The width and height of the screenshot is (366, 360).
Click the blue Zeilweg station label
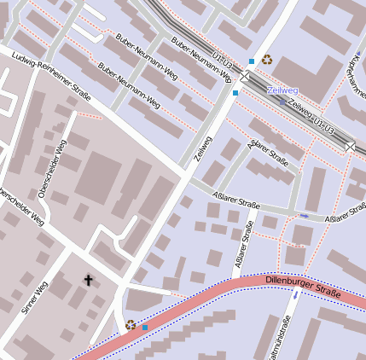pos(282,90)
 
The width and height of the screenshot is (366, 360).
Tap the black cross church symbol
pos(87,280)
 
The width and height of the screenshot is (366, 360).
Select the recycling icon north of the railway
pos(267,60)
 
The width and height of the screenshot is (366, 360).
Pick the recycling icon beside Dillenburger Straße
pos(131,324)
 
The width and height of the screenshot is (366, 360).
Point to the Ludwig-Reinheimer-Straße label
pos(51,77)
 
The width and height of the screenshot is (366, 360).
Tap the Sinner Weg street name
pos(35,297)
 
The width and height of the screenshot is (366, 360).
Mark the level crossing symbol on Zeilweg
pos(245,77)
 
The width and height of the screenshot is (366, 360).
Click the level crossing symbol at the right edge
pos(351,147)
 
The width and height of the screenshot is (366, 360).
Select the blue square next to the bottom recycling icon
pos(145,328)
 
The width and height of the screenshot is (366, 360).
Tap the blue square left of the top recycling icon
pos(251,61)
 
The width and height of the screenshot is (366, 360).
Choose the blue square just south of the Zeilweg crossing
pos(235,93)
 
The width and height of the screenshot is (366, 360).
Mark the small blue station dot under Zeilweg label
pos(282,102)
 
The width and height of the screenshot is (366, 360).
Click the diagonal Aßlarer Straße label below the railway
pos(268,154)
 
